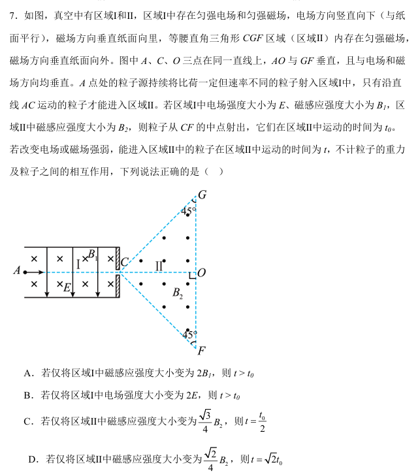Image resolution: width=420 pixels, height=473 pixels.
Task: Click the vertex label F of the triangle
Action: (202, 350)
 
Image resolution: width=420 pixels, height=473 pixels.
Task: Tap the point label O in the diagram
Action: (202, 272)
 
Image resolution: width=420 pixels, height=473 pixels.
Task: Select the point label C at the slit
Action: (123, 263)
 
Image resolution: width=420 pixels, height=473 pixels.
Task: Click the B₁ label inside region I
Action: (93, 254)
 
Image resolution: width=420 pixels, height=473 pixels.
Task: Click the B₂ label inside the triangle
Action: (177, 295)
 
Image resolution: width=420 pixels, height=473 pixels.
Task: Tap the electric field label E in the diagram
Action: (67, 286)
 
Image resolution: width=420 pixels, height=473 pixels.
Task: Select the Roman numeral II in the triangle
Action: (159, 265)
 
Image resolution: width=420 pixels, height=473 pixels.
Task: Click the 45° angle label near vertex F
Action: (188, 334)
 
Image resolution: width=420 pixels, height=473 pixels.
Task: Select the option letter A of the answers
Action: (28, 374)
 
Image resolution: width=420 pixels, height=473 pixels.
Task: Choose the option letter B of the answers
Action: (28, 395)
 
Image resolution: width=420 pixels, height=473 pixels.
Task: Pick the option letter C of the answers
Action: (28, 421)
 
